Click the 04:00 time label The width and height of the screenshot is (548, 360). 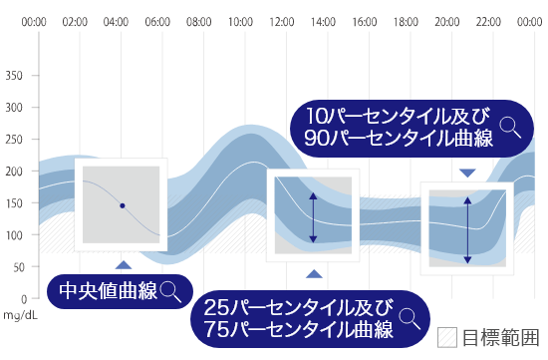117,21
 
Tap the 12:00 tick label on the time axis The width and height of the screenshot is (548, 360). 282,21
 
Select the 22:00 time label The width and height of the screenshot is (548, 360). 488,21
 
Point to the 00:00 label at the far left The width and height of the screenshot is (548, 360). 34,21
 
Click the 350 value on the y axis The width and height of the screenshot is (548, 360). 15,75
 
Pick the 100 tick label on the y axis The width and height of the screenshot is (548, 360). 15,234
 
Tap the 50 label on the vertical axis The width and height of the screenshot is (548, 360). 19,266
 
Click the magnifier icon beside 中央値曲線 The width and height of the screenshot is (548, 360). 171,290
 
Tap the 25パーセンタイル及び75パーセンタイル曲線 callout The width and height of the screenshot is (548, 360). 299,316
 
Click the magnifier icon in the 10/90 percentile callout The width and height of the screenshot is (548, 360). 510,126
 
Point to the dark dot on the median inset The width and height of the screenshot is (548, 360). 122,205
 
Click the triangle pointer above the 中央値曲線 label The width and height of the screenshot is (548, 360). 123,264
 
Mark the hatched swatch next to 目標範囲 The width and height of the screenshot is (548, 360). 447,337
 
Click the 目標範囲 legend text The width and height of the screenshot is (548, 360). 499,338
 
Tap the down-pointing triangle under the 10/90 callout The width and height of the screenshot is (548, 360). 467,173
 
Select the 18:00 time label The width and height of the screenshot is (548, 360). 406,21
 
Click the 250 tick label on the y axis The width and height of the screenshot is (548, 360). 15,139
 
